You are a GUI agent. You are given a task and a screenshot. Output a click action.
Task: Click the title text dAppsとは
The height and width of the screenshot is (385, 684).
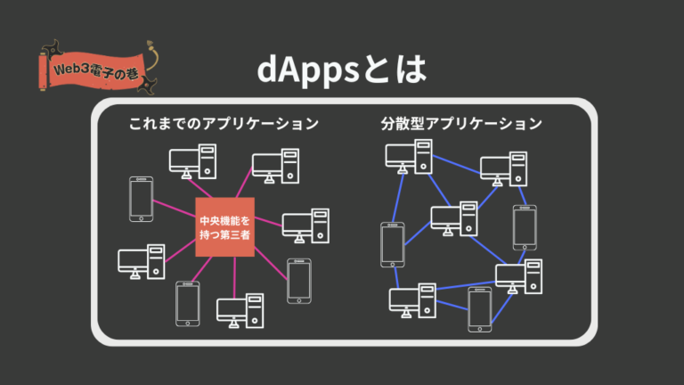[x=341, y=70]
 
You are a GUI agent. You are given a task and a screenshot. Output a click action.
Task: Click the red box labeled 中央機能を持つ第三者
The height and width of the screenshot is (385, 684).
[x=225, y=228]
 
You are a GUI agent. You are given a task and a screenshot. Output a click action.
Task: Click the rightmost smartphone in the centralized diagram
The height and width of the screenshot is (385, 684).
[x=298, y=281]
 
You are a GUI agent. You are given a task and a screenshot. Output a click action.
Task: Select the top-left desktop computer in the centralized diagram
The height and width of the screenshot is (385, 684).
[x=193, y=160]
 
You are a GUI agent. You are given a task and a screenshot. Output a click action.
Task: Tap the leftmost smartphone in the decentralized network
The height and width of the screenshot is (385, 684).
[x=392, y=243]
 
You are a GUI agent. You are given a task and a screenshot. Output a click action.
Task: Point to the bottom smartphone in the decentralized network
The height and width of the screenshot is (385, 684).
[x=480, y=309]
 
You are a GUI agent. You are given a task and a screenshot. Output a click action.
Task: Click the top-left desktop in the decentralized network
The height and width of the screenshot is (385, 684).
[x=409, y=157]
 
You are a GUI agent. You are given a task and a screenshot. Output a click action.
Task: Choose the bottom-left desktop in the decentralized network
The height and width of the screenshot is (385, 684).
[x=412, y=300]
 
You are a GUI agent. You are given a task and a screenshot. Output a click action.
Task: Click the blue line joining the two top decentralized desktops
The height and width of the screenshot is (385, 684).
[x=456, y=162]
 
